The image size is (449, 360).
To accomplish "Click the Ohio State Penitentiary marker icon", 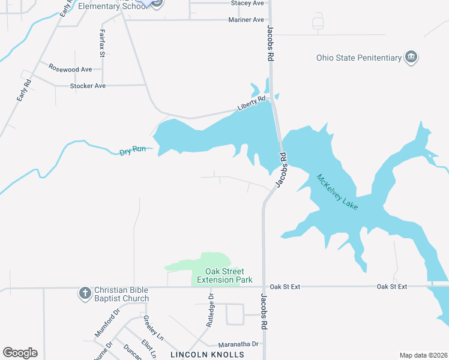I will pyautogui.click(x=411, y=58).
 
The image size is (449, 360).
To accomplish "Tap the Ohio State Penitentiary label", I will pyautogui.click(x=358, y=58).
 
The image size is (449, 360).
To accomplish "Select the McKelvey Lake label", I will pyautogui.click(x=337, y=192).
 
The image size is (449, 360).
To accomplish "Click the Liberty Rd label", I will pyautogui.click(x=251, y=103).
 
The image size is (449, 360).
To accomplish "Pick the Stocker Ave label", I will pyautogui.click(x=88, y=86).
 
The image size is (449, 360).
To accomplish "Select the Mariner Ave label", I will pyautogui.click(x=246, y=20).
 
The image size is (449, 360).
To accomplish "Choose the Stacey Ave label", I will pyautogui.click(x=247, y=3).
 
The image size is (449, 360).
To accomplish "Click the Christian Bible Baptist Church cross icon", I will pyautogui.click(x=85, y=293).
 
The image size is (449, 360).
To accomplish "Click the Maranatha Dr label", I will pyautogui.click(x=238, y=344).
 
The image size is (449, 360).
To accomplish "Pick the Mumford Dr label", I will pyautogui.click(x=107, y=322).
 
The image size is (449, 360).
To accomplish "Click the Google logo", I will pyautogui.click(x=20, y=353).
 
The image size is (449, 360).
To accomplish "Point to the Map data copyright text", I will pyautogui.click(x=423, y=355).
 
